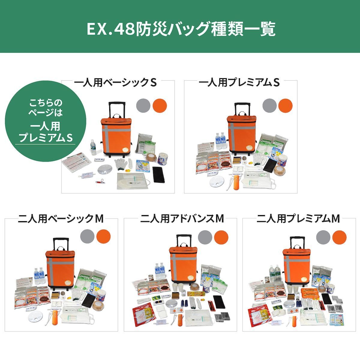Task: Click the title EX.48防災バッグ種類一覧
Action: tap(180, 29)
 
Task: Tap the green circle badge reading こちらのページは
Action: tap(45, 120)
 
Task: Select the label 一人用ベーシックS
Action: tap(115, 82)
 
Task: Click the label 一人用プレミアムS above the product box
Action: tap(239, 82)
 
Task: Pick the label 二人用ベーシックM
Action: tap(61, 219)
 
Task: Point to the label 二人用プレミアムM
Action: tap(298, 219)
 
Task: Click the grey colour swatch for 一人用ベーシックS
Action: tap(143, 105)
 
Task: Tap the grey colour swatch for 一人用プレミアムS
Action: tap(269, 105)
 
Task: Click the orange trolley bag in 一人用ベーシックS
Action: tap(115, 135)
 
